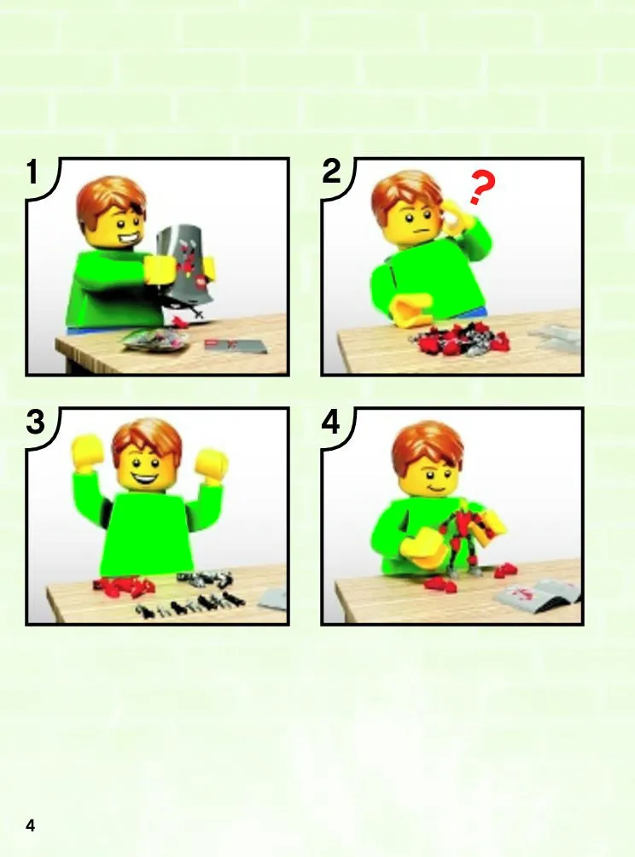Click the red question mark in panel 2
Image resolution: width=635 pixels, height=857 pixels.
(x=481, y=188)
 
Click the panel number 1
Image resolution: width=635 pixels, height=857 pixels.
(x=32, y=172)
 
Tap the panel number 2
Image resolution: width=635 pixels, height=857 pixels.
(x=332, y=172)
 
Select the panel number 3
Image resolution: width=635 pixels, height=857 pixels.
(x=36, y=423)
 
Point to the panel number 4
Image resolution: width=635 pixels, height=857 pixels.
(x=331, y=423)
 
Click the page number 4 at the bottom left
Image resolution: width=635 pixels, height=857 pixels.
(x=30, y=825)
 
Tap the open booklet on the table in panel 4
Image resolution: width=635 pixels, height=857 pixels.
(x=537, y=595)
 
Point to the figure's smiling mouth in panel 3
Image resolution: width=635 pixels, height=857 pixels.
(x=141, y=480)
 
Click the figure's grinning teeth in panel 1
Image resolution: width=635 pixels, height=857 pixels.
(x=127, y=240)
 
